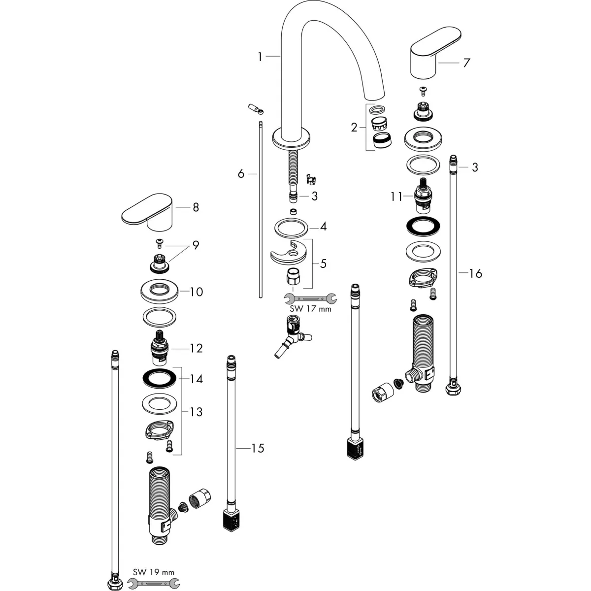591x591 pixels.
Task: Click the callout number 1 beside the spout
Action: [x=260, y=57]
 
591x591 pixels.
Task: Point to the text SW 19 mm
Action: [x=153, y=572]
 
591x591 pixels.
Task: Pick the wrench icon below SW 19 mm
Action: [x=153, y=583]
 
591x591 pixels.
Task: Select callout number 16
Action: [x=475, y=273]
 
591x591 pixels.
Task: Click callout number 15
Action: [x=258, y=448]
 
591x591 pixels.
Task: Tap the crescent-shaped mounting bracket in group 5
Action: [x=288, y=252]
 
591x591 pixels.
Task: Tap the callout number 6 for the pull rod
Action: [x=241, y=174]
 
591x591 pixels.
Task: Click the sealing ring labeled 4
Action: [x=291, y=228]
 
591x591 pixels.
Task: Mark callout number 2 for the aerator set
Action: [x=354, y=128]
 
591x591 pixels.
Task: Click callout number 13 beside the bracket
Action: [x=196, y=412]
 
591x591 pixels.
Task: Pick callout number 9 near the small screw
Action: [x=196, y=245]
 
